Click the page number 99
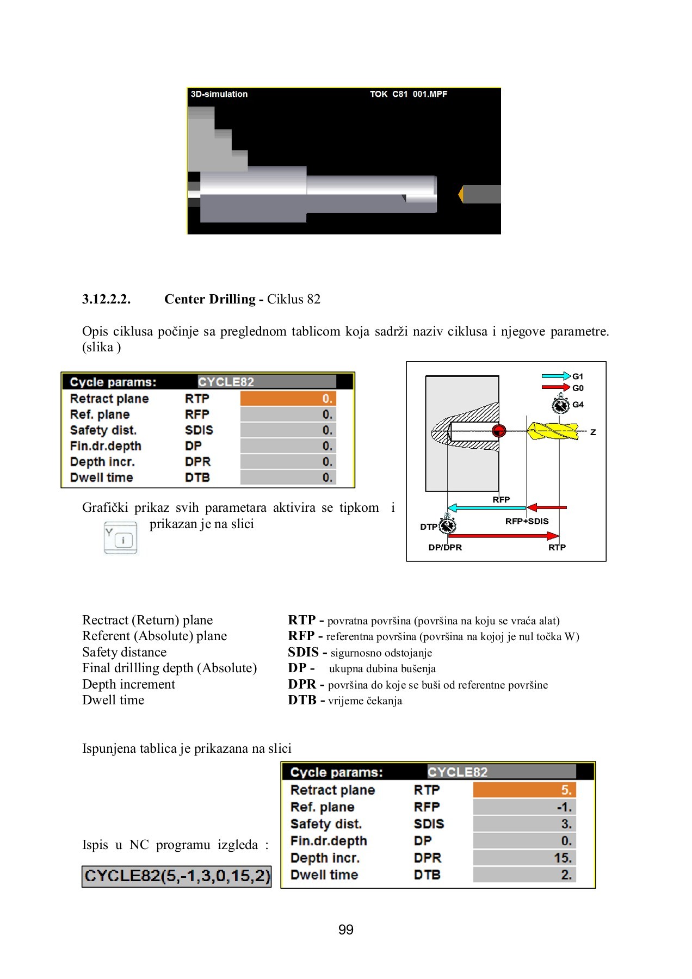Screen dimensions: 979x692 coord(345,930)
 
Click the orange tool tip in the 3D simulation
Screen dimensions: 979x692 coord(461,194)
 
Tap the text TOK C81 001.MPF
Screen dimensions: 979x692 coord(408,94)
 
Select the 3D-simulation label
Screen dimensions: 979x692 coord(219,94)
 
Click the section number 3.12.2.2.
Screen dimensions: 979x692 coord(106,299)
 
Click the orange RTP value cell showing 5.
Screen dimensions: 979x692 coord(524,790)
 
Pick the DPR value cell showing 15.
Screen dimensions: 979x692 coord(524,858)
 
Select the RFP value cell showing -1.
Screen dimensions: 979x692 coord(524,807)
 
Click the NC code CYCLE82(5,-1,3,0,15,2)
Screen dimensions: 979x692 coord(177,876)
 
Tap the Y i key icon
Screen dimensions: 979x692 coord(120,538)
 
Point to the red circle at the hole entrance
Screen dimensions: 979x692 coord(498,431)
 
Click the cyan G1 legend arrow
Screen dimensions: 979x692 coord(555,376)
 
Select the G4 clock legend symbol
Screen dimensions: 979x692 coord(560,405)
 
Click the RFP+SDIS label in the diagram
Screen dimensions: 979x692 coord(527,521)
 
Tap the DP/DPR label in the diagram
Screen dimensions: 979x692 coord(445,547)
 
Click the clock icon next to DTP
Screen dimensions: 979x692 coord(447,525)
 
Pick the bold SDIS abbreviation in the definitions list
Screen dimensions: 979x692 coord(303,652)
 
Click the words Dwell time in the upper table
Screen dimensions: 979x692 coord(101,478)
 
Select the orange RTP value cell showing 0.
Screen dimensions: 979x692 coord(288,399)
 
